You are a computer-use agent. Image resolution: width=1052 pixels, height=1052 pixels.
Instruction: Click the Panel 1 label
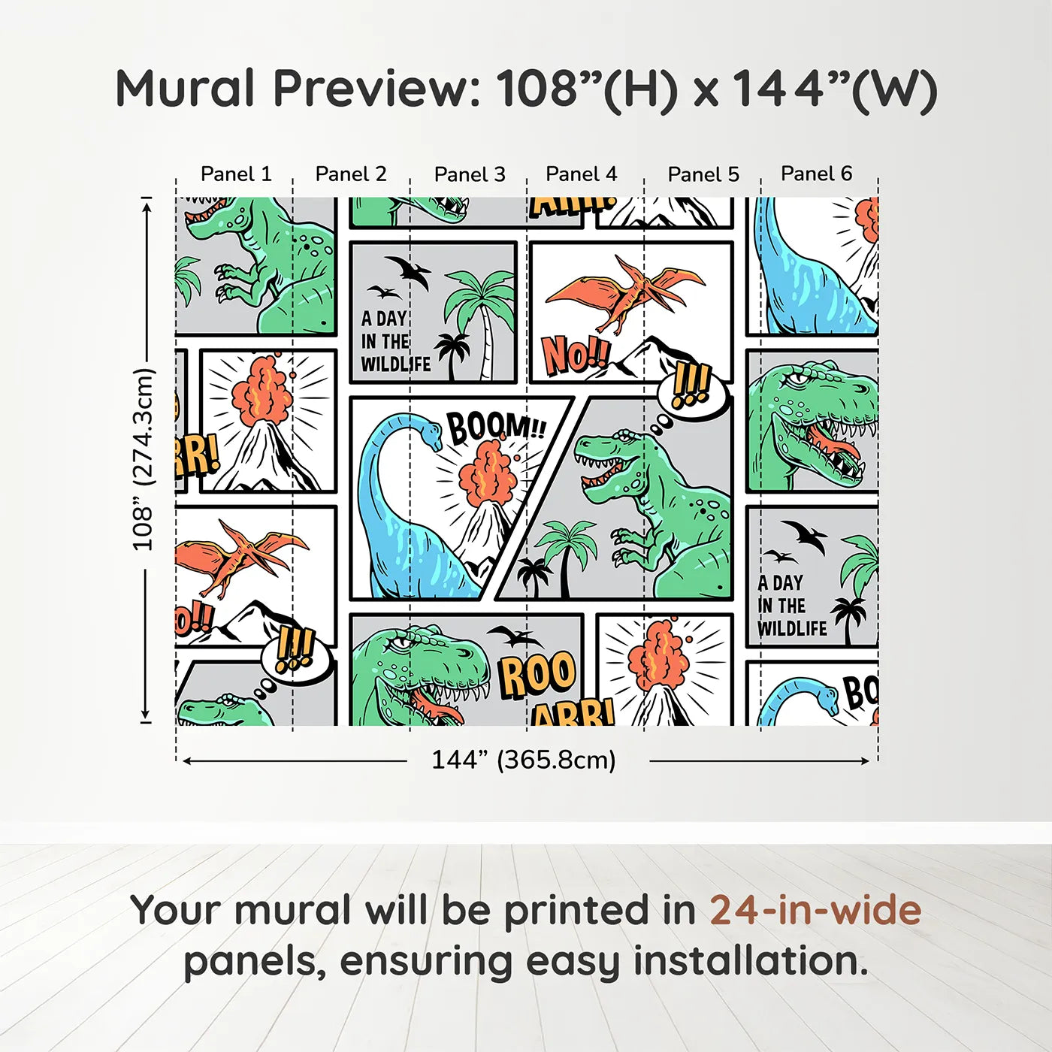point(236,174)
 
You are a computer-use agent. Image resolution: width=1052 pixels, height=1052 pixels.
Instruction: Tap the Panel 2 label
point(351,174)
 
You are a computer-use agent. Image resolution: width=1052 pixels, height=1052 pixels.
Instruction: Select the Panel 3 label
point(470,174)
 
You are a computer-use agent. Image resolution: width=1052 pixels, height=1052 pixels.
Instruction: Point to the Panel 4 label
point(582,174)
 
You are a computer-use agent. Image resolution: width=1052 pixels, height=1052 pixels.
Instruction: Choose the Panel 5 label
point(703,174)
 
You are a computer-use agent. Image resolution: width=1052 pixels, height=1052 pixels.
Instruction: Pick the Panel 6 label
point(816,174)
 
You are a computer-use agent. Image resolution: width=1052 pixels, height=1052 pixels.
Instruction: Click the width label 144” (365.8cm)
point(524,760)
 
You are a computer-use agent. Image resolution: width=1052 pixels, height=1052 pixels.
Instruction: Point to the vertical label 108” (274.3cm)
point(143,459)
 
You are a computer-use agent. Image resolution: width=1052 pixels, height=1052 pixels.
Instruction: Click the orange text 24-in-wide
point(815,910)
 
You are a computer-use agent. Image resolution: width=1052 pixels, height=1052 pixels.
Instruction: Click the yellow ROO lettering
point(537,674)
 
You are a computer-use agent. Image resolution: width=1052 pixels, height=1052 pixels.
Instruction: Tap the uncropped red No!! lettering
point(576,355)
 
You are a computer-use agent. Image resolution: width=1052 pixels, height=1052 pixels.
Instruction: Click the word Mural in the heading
point(186,89)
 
